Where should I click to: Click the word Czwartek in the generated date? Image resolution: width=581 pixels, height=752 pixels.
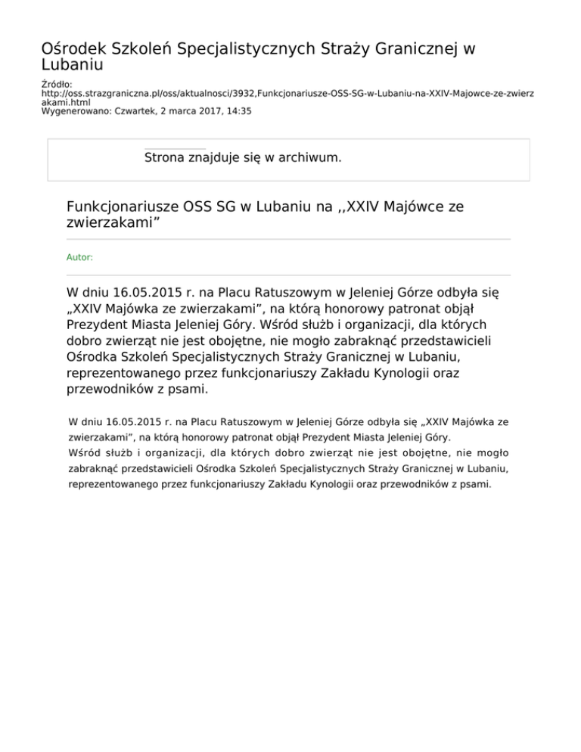144,110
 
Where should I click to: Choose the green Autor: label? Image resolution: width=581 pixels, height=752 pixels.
79,257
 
